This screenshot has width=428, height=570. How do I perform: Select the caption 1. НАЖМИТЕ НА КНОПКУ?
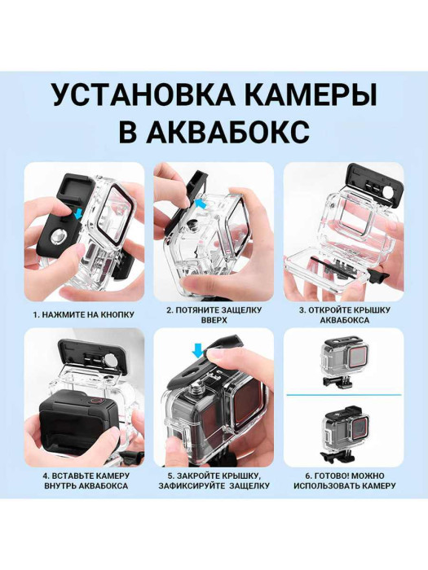84,313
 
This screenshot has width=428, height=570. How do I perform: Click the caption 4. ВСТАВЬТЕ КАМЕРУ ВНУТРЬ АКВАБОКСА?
84,480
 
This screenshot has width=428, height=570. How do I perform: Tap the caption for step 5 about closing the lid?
214,480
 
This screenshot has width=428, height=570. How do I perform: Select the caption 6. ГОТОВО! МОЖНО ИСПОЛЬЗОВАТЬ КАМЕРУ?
343,480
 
